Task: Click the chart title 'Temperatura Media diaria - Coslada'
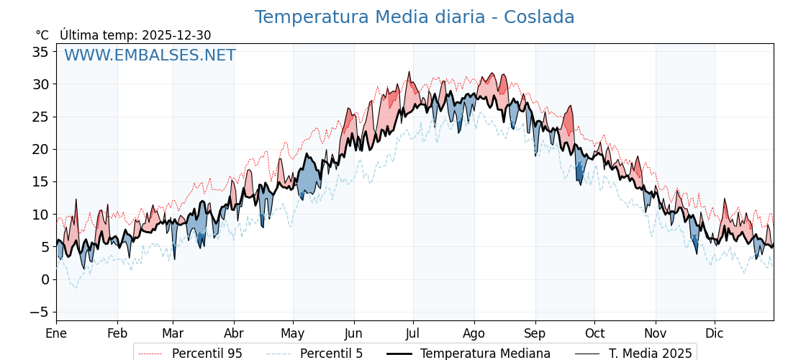(x=415, y=17)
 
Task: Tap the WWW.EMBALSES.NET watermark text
(x=150, y=55)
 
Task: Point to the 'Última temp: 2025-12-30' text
(x=135, y=35)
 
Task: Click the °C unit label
(x=42, y=35)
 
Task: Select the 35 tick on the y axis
(x=40, y=52)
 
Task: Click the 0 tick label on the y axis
(x=45, y=279)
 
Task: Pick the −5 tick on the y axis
(x=40, y=312)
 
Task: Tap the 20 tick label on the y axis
(x=40, y=149)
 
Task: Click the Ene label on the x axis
(x=56, y=333)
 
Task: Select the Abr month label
(x=234, y=333)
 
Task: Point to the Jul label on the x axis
(x=413, y=333)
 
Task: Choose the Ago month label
(x=474, y=333)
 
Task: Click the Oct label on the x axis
(x=594, y=333)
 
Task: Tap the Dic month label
(x=715, y=333)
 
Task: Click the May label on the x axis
(x=293, y=333)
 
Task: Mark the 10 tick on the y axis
(x=40, y=215)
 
